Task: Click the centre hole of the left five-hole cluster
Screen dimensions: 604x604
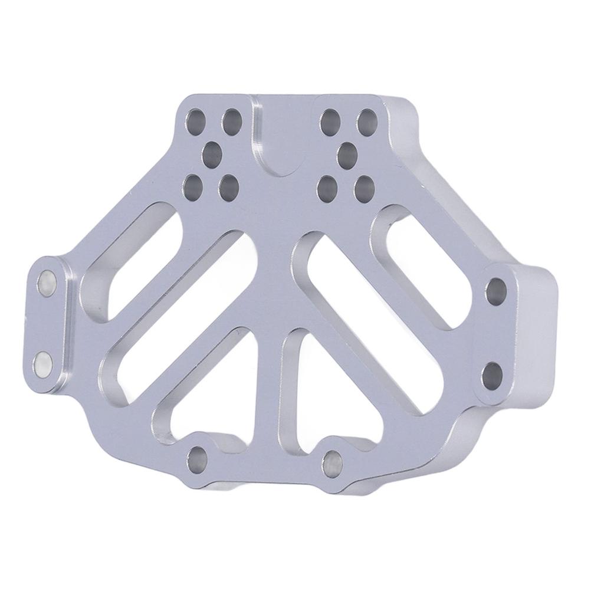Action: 211,155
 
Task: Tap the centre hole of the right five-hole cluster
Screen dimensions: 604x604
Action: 349,155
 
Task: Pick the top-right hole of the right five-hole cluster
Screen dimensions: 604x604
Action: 367,122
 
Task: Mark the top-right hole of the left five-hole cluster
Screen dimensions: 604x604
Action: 231,122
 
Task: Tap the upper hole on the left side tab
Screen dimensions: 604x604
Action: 47,283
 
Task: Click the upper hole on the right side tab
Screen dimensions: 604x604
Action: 496,291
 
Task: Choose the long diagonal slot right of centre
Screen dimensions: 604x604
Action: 363,319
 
